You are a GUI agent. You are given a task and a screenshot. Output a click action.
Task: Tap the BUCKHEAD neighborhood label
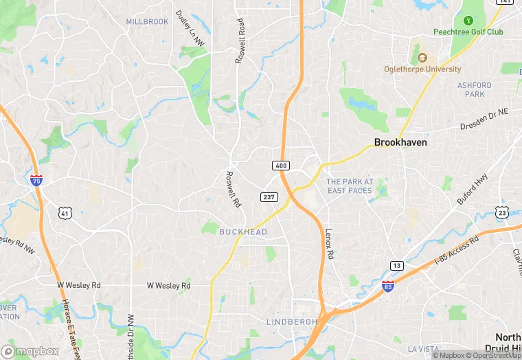pos(243,232)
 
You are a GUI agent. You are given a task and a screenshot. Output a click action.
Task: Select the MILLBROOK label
pos(147,22)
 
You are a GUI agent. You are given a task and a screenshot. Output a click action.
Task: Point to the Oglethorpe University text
pos(422,69)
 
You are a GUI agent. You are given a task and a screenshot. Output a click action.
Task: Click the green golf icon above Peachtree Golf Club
pos(468,21)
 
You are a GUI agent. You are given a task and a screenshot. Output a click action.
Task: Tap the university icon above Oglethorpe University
pos(422,57)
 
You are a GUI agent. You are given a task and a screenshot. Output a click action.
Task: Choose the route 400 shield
pos(280,166)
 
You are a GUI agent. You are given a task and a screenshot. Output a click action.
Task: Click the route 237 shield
pos(269,197)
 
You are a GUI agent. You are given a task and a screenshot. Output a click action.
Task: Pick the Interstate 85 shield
pos(388,285)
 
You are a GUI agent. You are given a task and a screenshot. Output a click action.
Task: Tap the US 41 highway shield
pos(65,214)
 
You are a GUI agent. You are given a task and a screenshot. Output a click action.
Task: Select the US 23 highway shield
pos(503,213)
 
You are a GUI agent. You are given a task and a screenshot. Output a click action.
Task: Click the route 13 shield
pos(396,265)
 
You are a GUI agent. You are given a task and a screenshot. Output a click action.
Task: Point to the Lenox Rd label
pos(329,243)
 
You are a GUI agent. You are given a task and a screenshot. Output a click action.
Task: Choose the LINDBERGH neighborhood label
pos(292,322)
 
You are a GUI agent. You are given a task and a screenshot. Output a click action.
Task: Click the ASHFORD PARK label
pos(475,89)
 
